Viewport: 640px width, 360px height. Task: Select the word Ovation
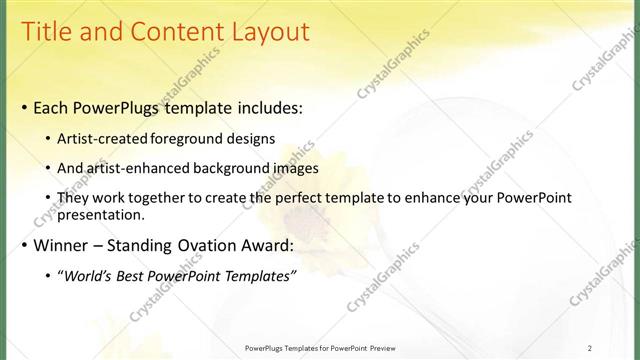[x=214, y=245]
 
